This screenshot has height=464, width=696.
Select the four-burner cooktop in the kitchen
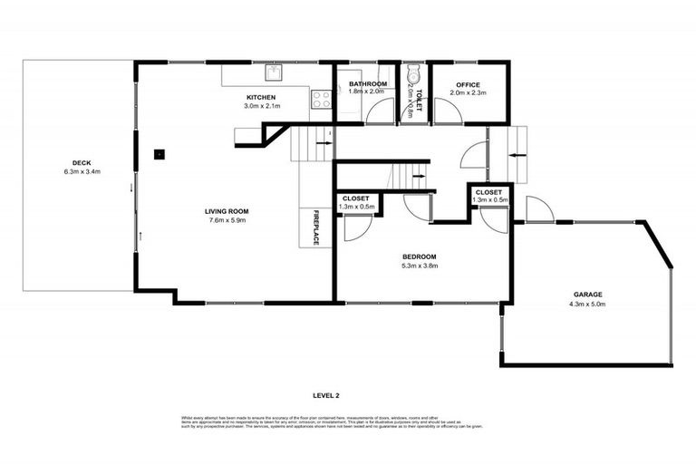pyautogui.click(x=321, y=101)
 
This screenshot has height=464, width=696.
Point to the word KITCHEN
pyautogui.click(x=261, y=97)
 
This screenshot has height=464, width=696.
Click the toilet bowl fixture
pyautogui.click(x=413, y=74)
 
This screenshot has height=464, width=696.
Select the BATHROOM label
pyautogui.click(x=367, y=84)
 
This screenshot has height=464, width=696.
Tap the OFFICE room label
pyautogui.click(x=468, y=84)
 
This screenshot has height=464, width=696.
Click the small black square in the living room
pyautogui.click(x=159, y=153)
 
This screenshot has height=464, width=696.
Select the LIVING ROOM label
pyautogui.click(x=225, y=211)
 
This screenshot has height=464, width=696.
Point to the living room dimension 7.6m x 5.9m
pyautogui.click(x=225, y=219)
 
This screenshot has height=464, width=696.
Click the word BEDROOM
pyautogui.click(x=420, y=256)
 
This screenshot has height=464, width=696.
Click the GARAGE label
pyautogui.click(x=587, y=294)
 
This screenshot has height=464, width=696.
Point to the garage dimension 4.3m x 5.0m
pyautogui.click(x=587, y=303)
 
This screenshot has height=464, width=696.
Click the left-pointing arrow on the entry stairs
pyautogui.click(x=515, y=155)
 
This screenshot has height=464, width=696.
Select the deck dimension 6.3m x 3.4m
pyautogui.click(x=82, y=171)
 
